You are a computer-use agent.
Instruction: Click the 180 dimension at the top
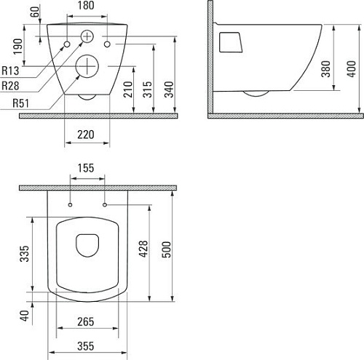click(86, 6)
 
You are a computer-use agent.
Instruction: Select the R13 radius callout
click(10, 71)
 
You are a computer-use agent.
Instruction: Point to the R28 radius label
click(10, 86)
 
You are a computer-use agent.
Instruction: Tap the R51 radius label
click(20, 103)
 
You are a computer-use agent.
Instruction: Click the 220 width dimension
click(86, 135)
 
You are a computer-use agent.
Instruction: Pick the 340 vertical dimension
click(169, 89)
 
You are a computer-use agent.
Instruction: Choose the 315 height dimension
click(147, 89)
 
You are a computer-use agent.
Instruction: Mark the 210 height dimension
click(128, 89)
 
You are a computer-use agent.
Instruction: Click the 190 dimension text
click(17, 47)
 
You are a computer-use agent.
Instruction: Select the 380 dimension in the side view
click(325, 69)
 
